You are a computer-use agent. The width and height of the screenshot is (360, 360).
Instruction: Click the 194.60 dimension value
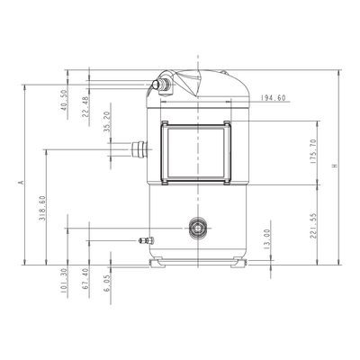click(273, 98)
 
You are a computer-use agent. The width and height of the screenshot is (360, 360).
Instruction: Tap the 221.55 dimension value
click(313, 226)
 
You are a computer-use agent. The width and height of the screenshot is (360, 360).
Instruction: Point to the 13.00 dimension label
click(267, 239)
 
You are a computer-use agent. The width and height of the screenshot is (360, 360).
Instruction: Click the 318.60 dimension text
click(42, 208)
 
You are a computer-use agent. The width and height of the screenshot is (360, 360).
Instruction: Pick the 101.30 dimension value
click(64, 281)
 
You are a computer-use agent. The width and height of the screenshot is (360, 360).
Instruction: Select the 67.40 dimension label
click(85, 279)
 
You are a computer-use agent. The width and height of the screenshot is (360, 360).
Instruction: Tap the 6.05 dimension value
click(107, 283)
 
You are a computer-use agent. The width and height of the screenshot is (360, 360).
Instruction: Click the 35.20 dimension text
click(107, 121)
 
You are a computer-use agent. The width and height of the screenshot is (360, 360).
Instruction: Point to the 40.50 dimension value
click(64, 100)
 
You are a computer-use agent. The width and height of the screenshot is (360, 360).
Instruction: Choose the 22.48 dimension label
click(85, 106)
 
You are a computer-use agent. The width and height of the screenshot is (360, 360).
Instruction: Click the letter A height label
click(21, 182)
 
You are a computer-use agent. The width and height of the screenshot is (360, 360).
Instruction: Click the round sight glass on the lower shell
click(198, 229)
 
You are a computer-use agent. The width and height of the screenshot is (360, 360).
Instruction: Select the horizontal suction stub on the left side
click(139, 149)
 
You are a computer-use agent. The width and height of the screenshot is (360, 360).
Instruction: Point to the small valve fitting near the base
click(146, 240)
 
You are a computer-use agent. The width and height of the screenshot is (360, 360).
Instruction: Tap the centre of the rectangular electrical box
click(196, 152)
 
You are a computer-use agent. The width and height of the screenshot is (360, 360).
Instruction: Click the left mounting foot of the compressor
click(158, 262)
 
